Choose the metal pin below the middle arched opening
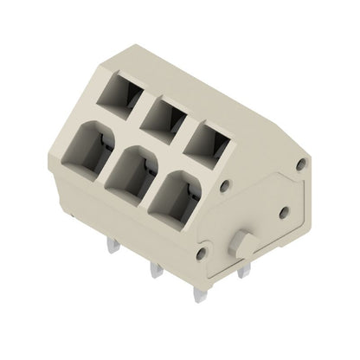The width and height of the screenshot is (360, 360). [x=156, y=271]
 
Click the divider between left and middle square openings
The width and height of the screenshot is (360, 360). [x=139, y=102]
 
